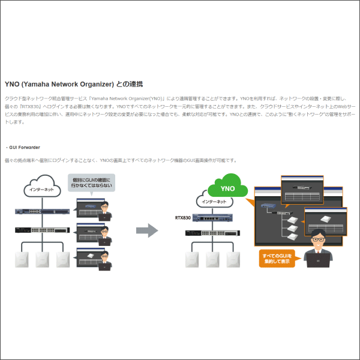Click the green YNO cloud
tap(227, 187)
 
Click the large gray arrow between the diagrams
tap(146, 230)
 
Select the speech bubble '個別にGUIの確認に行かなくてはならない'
tap(92, 182)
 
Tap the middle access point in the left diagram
tap(42, 259)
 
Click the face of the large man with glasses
tap(318, 238)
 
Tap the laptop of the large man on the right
tap(318, 260)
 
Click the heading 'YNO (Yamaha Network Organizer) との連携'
tap(73, 84)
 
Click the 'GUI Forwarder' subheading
tap(25, 146)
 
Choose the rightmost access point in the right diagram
tap(232, 259)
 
